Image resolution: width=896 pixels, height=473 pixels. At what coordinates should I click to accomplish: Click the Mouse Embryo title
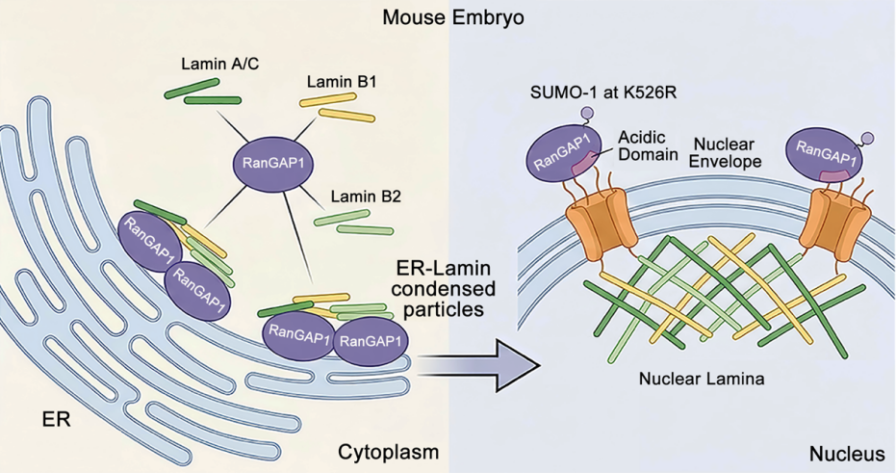click(453, 17)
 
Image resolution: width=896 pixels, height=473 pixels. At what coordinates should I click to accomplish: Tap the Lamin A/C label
click(220, 63)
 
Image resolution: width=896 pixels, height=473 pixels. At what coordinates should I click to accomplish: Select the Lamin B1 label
click(341, 82)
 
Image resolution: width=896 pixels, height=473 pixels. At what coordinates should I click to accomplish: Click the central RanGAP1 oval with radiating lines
click(272, 164)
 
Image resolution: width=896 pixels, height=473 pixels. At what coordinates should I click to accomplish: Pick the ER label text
click(56, 420)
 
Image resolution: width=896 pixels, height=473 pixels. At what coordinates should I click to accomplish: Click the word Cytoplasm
click(389, 453)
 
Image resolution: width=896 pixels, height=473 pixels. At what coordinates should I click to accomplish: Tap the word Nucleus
click(847, 455)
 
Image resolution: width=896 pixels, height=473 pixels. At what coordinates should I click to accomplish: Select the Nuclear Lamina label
click(702, 379)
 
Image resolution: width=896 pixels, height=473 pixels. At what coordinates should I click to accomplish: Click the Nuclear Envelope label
click(725, 153)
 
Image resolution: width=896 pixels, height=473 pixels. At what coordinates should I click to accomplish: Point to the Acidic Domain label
click(642, 145)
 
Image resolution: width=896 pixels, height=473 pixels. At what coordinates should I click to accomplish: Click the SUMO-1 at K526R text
click(602, 92)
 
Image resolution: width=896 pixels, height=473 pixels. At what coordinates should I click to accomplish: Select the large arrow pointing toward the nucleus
click(479, 365)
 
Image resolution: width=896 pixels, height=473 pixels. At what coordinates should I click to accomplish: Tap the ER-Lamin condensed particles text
click(443, 288)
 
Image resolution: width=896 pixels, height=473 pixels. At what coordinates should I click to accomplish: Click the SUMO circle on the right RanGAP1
click(867, 138)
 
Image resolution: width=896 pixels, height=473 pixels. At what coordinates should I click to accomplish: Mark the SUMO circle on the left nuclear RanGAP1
click(586, 115)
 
